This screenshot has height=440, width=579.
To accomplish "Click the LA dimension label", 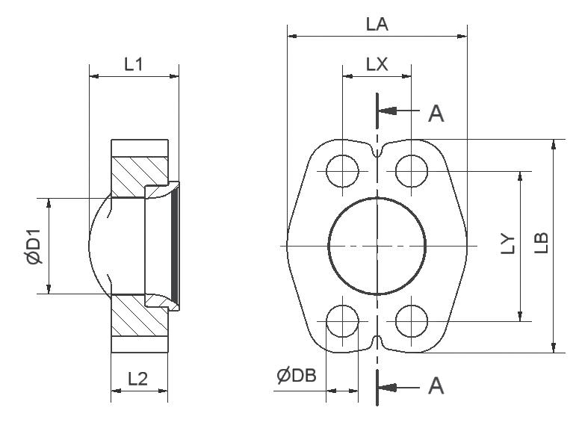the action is coord(377,25).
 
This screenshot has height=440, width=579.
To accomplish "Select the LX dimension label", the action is coord(377,64).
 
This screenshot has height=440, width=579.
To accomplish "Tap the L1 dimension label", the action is coord(133,64).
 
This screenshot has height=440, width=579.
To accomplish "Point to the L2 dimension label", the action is coord(137,379).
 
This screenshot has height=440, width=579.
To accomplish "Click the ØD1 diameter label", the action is coord(34,247).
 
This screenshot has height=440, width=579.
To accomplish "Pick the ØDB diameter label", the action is coord(297,376).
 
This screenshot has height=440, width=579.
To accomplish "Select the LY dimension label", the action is coord(508,244).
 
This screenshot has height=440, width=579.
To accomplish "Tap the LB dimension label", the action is coord(542,243).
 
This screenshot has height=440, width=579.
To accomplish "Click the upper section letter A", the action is coord(436,113).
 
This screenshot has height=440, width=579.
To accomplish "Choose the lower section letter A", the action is coord(436,385).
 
